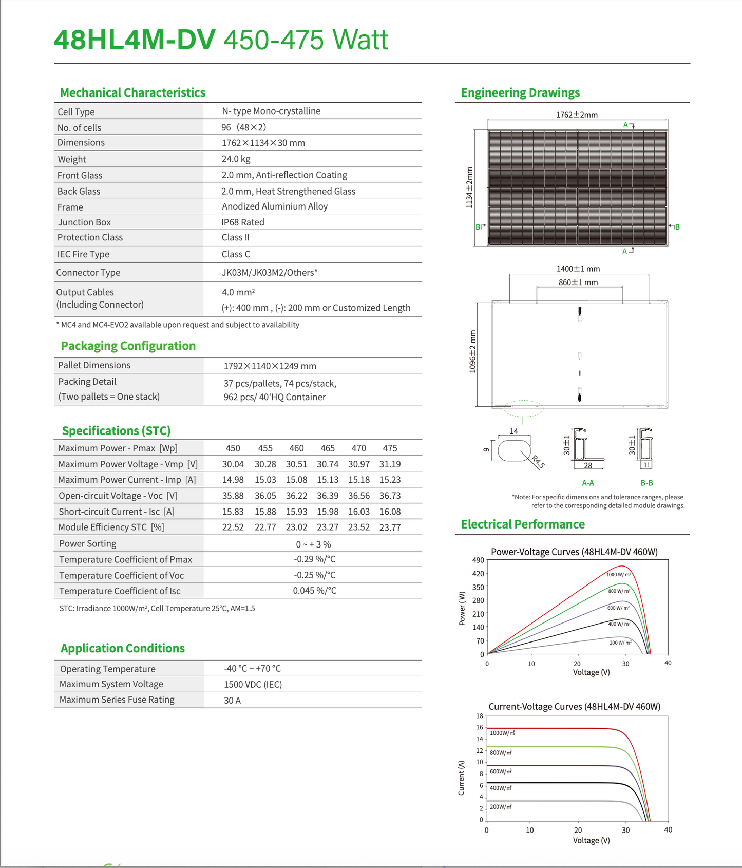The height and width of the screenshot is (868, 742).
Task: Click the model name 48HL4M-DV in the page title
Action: (x=135, y=40)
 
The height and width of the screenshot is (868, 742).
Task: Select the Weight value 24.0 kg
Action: (x=236, y=159)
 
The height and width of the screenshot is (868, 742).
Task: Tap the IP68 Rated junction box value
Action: (x=243, y=222)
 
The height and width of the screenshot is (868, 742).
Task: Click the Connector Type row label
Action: (x=88, y=273)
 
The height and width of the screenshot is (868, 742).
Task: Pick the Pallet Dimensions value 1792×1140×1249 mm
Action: (x=270, y=366)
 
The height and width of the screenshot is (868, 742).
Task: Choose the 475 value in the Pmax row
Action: (x=390, y=448)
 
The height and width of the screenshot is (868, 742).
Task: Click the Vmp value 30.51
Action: (x=296, y=464)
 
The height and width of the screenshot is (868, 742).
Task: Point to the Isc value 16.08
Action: (x=390, y=512)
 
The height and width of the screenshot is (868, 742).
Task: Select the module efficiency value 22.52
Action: (x=233, y=527)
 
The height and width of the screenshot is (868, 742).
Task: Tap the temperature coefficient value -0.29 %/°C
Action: (x=315, y=559)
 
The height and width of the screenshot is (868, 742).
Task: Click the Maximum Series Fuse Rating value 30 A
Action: (x=232, y=701)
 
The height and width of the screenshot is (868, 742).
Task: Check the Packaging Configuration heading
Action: (x=128, y=346)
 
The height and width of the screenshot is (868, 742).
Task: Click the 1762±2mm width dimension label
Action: (x=577, y=115)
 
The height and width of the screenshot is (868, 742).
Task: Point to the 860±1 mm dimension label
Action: (x=578, y=282)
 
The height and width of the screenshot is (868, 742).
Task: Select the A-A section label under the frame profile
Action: (x=588, y=483)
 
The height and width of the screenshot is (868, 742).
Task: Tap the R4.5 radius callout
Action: (x=538, y=462)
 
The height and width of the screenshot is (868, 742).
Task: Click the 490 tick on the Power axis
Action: (x=478, y=560)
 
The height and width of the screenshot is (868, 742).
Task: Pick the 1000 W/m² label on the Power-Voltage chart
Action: (x=618, y=575)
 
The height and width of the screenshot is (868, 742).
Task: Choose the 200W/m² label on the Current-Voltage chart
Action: (x=501, y=807)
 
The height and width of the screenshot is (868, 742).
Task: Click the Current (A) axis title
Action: (x=461, y=778)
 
